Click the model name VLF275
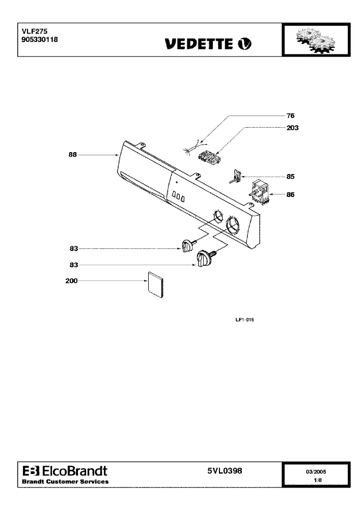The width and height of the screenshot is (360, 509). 35,31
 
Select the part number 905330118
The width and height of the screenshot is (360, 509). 40,39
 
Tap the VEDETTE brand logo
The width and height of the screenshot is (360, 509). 208,44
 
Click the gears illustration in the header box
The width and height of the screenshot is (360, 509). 315,40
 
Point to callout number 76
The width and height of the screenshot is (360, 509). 290,116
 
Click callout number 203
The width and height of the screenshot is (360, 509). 292,128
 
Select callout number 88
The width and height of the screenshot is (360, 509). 73,155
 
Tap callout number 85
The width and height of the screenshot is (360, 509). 290,177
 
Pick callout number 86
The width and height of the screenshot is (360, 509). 290,195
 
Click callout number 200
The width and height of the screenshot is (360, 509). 71,281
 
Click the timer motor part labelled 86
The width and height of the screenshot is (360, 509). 259,192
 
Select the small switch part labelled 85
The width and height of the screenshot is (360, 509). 236,176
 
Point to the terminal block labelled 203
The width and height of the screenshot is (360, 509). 209,156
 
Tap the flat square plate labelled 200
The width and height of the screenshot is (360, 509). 155,285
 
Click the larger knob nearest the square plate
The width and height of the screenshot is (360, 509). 205,258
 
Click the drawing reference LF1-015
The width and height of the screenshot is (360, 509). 245,320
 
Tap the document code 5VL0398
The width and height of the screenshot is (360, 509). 225,471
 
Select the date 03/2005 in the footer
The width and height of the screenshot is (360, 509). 316,472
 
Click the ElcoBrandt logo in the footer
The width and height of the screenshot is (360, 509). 65,471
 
